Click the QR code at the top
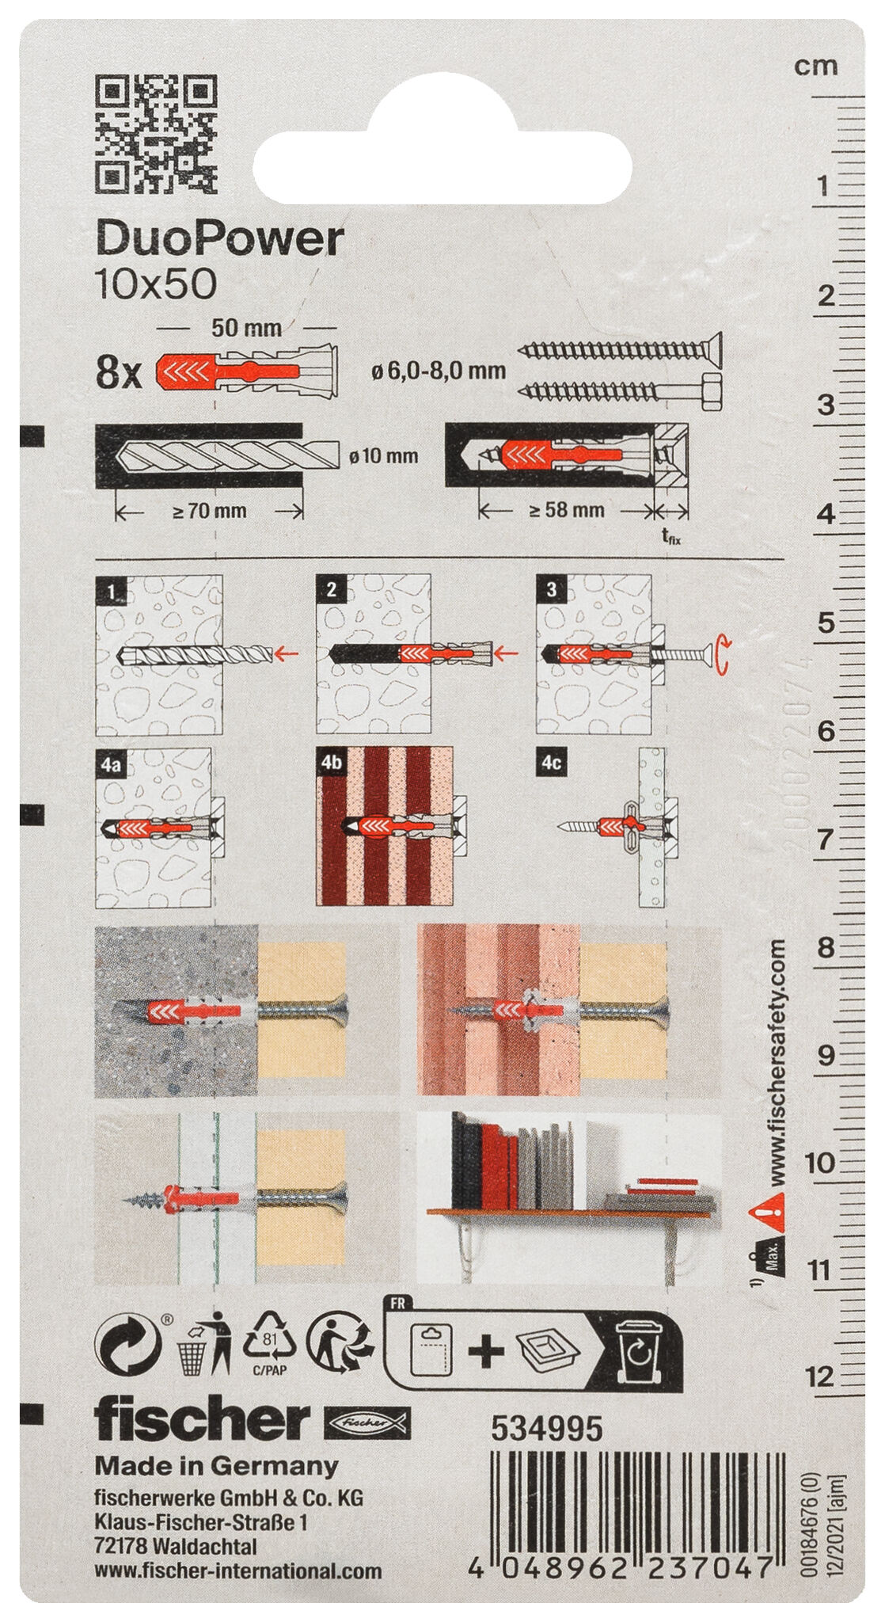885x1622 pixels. [x=156, y=134]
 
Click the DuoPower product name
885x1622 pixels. [x=219, y=239]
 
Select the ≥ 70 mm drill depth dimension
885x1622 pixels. [x=210, y=512]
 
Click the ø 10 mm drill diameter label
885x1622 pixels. [x=383, y=456]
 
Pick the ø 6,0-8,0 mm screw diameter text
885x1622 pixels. [x=439, y=371]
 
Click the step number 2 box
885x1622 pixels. [x=331, y=589]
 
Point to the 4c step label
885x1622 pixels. [x=552, y=763]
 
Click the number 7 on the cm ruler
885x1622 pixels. [x=824, y=839]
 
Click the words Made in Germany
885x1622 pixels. [x=216, y=1466]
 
